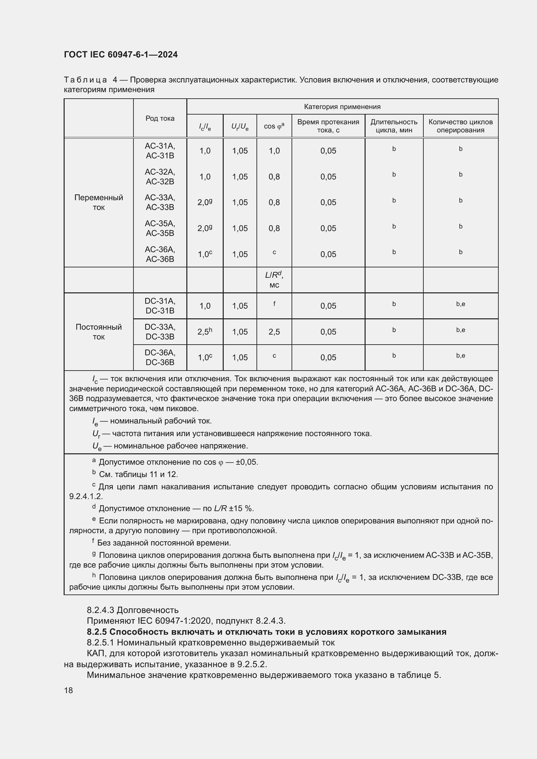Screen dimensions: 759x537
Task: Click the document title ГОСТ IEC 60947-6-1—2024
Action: click(121, 55)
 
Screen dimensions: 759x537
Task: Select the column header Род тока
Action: click(160, 118)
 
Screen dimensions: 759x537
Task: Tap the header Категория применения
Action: click(342, 107)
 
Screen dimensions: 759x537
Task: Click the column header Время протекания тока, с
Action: click(328, 126)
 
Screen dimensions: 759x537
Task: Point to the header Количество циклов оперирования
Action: click(460, 126)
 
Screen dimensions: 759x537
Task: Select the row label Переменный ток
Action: click(99, 202)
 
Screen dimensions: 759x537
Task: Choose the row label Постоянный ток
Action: click(99, 332)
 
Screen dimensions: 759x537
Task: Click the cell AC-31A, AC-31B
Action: click(160, 151)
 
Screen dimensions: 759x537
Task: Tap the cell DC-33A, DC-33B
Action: click(160, 332)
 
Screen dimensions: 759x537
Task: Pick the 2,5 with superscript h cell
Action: click(205, 332)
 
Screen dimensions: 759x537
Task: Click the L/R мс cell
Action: click(274, 280)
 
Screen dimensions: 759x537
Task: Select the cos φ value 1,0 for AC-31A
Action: click(274, 151)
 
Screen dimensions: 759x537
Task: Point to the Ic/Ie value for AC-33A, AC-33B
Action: click(205, 202)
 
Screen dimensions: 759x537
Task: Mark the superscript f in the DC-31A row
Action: click(274, 303)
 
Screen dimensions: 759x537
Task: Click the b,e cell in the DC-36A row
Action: click(460, 356)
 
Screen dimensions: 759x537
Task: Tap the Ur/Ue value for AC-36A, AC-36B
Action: click(240, 254)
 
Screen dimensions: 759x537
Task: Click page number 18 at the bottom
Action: click(69, 690)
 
